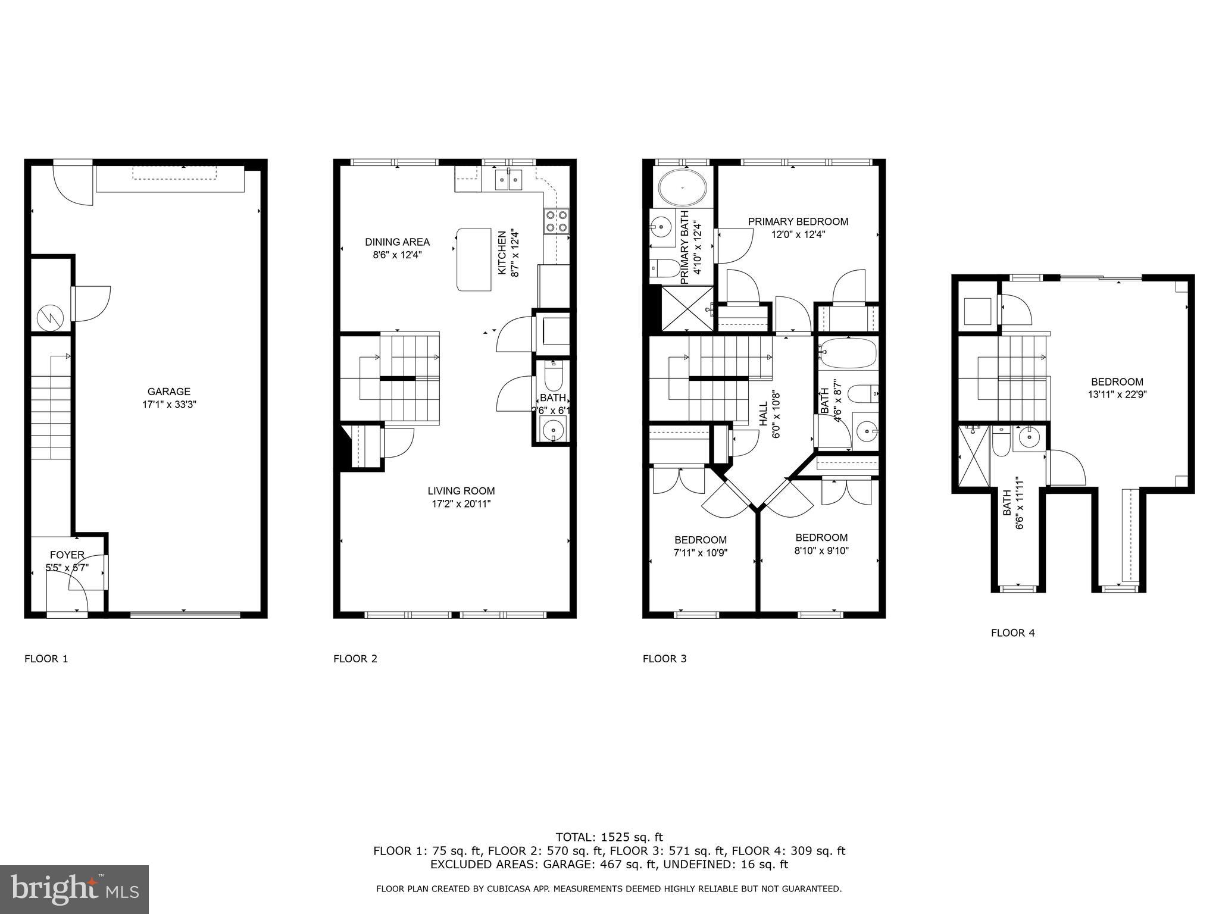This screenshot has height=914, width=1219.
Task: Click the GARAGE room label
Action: click(169, 392)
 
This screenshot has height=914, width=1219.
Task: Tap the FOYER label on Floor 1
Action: click(67, 555)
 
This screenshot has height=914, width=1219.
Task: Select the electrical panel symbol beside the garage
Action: click(49, 317)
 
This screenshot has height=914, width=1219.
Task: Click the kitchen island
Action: click(474, 259)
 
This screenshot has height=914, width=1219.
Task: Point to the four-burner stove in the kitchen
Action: click(556, 221)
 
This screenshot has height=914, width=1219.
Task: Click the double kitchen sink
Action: click(509, 179)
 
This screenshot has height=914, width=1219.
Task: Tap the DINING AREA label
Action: click(397, 242)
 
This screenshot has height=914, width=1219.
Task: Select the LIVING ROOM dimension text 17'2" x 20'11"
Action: click(461, 504)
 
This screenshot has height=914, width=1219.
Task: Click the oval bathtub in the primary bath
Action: click(683, 187)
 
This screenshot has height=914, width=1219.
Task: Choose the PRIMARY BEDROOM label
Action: click(798, 222)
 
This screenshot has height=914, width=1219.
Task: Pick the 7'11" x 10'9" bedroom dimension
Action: click(701, 552)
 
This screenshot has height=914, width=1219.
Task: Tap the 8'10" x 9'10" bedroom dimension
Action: click(821, 550)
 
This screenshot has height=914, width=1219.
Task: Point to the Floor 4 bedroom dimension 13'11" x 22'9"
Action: click(1117, 394)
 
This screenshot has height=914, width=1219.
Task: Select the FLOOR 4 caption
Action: click(1012, 633)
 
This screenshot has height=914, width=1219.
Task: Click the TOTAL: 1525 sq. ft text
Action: click(609, 837)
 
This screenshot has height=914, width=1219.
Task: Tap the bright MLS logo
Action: click(74, 889)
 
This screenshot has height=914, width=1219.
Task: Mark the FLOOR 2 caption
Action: click(355, 659)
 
